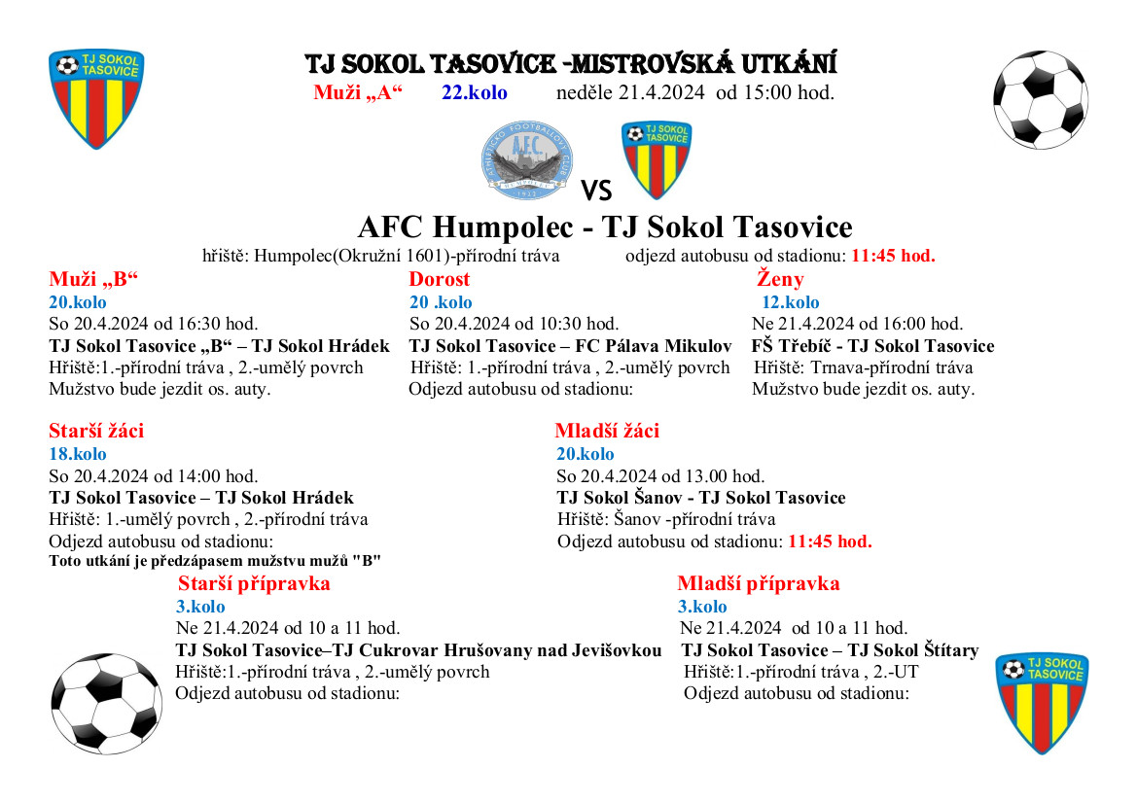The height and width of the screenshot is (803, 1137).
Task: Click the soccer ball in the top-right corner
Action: (1040, 99)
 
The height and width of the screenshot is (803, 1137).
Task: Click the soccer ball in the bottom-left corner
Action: (106, 702)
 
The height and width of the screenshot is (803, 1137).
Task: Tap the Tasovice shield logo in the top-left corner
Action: (96, 98)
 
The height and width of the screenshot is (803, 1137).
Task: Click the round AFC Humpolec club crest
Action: (527, 160)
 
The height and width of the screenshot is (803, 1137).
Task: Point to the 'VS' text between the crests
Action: (596, 190)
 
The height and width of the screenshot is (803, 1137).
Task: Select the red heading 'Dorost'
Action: (439, 280)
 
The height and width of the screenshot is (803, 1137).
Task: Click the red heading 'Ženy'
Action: (780, 280)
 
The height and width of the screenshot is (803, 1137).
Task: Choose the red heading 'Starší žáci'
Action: (96, 431)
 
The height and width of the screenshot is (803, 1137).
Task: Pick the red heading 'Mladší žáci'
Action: (607, 431)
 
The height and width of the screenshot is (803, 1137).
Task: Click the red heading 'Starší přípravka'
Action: (254, 583)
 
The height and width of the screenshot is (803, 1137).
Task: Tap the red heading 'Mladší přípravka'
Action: (758, 583)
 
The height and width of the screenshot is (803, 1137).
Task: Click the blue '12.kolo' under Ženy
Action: (790, 302)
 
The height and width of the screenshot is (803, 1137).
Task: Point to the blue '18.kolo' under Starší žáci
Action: (78, 454)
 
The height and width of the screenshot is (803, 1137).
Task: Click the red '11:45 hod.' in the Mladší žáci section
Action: (830, 541)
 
